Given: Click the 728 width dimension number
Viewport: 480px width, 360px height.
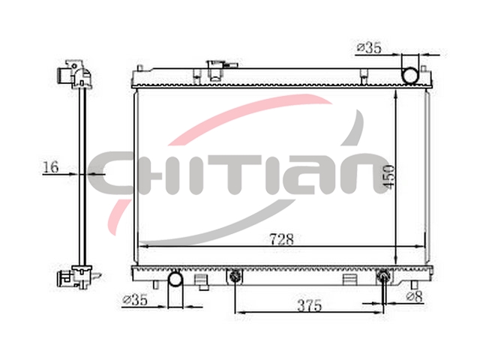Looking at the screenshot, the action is coord(282,239).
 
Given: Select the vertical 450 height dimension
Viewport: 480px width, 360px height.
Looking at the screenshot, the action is coord(389,177).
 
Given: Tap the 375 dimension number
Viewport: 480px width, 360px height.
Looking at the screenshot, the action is coord(310,305).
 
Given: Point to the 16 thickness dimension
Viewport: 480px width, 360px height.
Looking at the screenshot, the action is coord(50,167).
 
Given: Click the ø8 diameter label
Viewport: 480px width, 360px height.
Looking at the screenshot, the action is coord(415,296).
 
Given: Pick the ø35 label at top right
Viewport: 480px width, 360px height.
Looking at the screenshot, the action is coord(369,48).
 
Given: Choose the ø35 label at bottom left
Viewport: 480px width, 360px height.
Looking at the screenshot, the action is coord(135,300).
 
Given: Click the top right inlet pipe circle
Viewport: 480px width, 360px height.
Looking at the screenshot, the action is coord(409,75).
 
